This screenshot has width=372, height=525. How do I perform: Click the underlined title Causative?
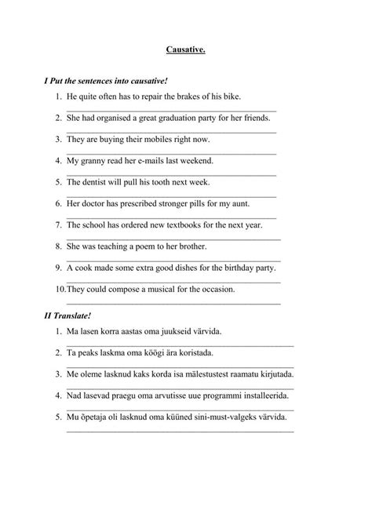click(185, 49)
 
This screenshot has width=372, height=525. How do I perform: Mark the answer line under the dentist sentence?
click(171, 195)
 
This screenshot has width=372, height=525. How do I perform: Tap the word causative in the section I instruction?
click(143, 81)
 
